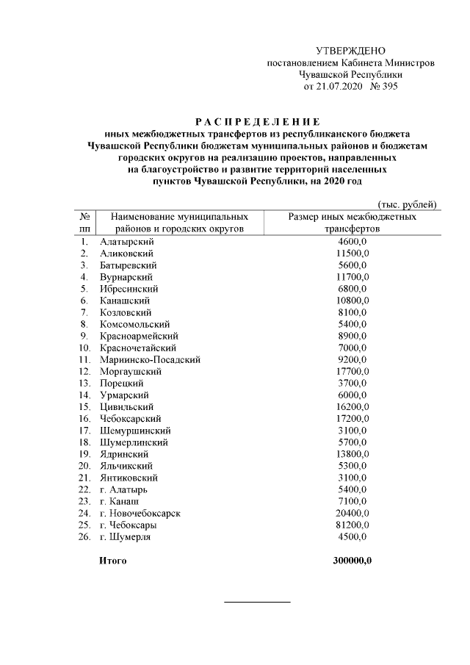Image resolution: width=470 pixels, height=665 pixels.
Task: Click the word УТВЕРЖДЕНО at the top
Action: coord(350,51)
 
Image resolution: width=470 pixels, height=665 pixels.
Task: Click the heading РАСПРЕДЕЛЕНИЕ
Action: coord(257,121)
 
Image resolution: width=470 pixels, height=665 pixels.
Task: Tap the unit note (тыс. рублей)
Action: coord(407,204)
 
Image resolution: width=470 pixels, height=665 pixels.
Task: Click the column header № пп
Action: coord(84,223)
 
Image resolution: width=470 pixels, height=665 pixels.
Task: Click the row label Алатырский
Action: coord(125,241)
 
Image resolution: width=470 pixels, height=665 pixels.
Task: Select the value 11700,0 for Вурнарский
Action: coord(352,277)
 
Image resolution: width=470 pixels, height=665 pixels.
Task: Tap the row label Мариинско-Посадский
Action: coord(150,360)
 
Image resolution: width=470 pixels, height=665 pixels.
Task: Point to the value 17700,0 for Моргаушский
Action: coord(352,372)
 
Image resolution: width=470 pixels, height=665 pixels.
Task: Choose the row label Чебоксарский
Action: coord(130,419)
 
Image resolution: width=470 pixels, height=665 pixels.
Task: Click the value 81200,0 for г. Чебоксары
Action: coord(352,525)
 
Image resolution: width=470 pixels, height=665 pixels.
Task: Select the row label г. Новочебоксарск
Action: coord(140,513)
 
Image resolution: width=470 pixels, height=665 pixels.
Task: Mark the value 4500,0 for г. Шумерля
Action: coord(352,536)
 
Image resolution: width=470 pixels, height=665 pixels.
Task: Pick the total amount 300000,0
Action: coord(352,561)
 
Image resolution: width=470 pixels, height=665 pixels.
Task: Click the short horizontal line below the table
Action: coord(257,603)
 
